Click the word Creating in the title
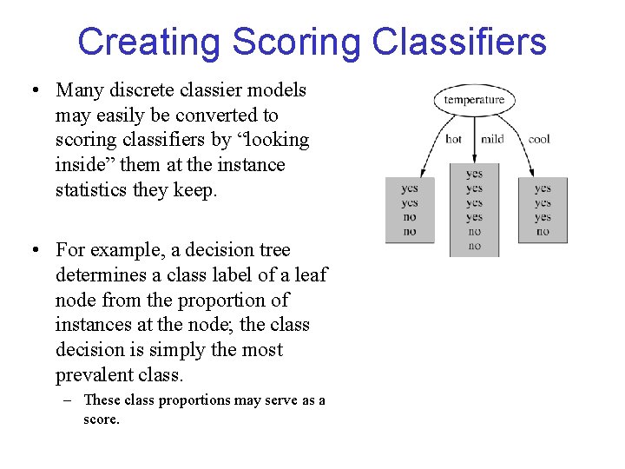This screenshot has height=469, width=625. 148,42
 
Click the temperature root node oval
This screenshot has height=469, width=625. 474,100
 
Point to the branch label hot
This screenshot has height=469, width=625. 453,139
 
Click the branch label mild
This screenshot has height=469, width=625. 492,139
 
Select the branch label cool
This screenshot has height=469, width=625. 539,139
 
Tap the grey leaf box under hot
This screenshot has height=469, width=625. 410,209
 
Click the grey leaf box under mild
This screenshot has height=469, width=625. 474,209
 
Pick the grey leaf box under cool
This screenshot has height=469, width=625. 543,209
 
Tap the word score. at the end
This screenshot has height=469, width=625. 102,419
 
